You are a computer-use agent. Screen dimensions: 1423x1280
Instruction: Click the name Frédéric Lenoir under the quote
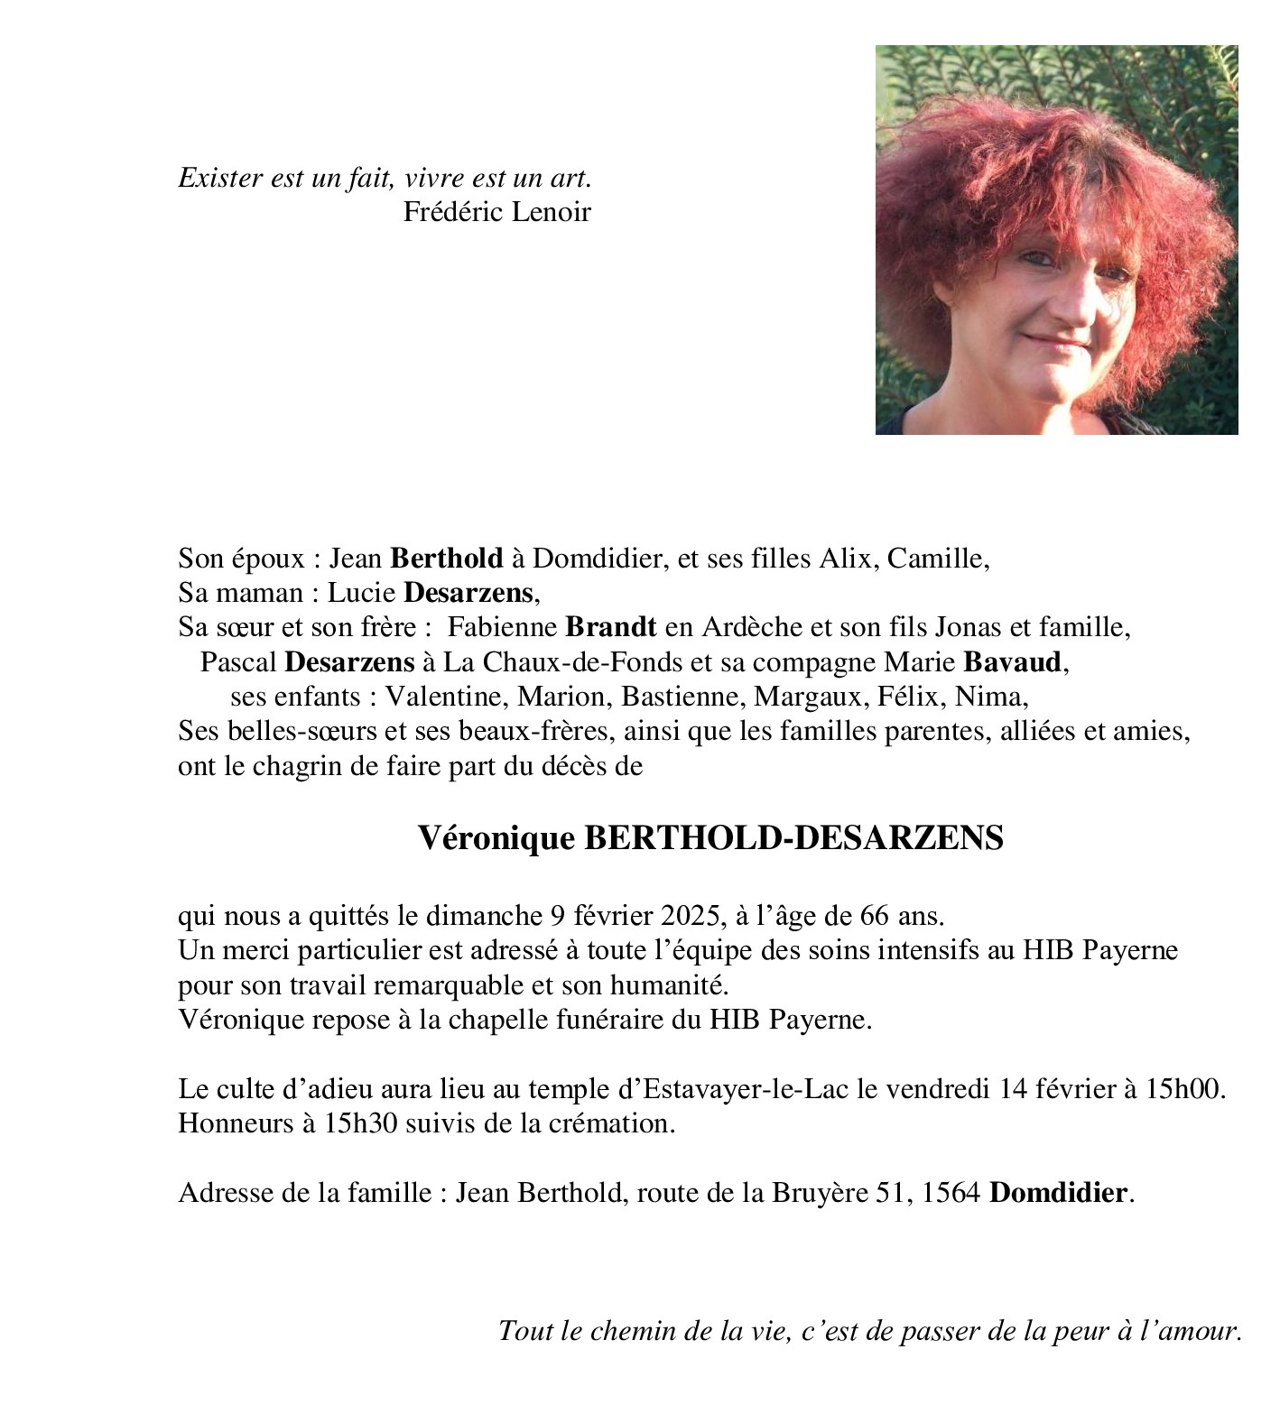pos(496,212)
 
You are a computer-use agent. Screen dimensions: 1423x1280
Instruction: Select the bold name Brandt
pos(611,626)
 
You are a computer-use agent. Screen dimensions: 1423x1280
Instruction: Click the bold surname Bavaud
pos(1012,662)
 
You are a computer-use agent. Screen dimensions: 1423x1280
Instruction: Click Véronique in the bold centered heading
pos(496,838)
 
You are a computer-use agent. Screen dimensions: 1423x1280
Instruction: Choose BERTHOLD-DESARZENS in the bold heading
pos(794,838)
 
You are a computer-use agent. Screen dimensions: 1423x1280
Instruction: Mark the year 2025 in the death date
pos(691,916)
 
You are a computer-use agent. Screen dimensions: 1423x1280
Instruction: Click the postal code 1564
pos(953,1193)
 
